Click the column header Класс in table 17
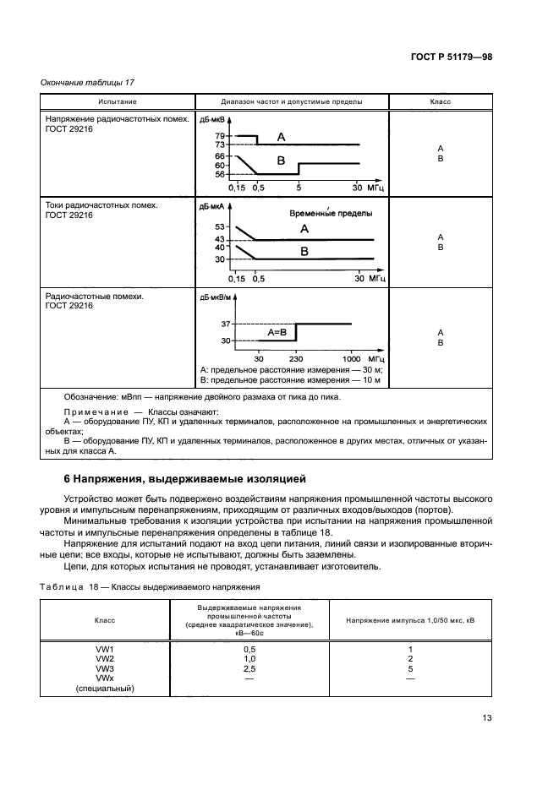[x=440, y=101]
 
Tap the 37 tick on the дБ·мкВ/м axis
[x=225, y=324]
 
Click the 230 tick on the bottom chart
[x=297, y=359]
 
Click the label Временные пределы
[x=331, y=214]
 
